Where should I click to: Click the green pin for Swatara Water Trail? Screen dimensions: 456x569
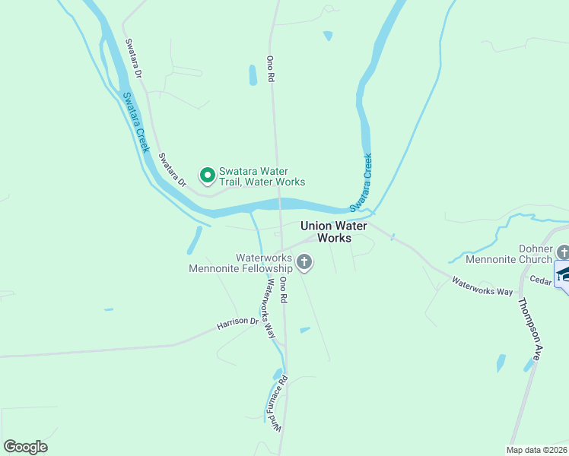(x=207, y=176)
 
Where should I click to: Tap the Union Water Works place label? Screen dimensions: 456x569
(x=334, y=232)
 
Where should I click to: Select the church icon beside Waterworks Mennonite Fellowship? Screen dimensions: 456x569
(x=304, y=263)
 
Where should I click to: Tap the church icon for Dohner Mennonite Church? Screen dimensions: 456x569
(x=563, y=251)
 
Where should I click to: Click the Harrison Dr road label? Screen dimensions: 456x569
(x=237, y=323)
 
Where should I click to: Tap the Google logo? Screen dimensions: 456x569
(x=25, y=447)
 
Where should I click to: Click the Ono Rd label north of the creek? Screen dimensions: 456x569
(x=269, y=68)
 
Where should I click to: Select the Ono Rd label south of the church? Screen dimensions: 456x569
(x=283, y=290)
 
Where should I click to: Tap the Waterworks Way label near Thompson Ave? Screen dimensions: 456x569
(x=482, y=286)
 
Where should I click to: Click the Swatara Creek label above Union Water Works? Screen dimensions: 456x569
(x=361, y=182)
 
